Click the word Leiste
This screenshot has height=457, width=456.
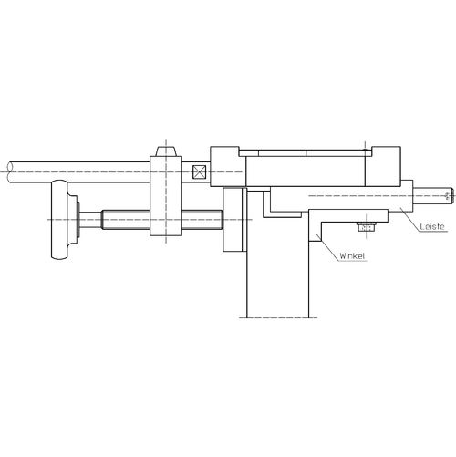(x=432, y=226)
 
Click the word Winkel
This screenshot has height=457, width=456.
(x=352, y=256)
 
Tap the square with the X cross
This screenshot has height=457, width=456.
(x=199, y=172)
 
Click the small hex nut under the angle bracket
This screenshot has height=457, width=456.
(x=366, y=227)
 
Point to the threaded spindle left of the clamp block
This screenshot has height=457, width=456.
(x=126, y=220)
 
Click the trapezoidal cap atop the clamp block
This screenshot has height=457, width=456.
(x=166, y=151)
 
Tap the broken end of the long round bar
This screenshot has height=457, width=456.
(x=10, y=172)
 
